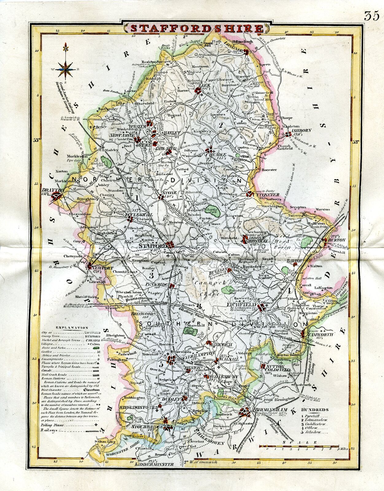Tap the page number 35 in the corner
coord(372,16)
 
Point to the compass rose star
coord(65,70)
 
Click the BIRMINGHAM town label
coord(270,410)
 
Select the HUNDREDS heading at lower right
coord(315,410)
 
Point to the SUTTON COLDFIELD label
coord(278,368)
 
